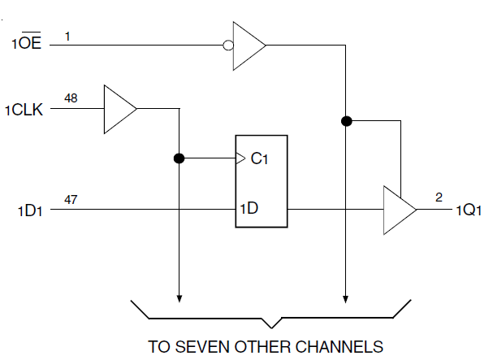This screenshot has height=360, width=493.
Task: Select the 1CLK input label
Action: [x=27, y=108]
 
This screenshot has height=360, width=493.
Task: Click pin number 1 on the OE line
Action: [x=67, y=35]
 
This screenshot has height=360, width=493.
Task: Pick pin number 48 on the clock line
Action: [x=71, y=98]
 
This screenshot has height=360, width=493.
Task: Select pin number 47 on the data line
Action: [x=71, y=199]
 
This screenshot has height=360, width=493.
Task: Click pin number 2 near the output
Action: [x=439, y=197]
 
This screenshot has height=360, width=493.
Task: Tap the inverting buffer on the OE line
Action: [x=249, y=46]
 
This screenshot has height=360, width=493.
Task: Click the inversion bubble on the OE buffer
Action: [x=229, y=46]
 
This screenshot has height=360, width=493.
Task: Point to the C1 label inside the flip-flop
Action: [x=259, y=158]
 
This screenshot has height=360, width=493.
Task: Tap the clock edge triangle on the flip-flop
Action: [x=240, y=158]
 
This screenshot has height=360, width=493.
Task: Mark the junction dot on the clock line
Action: [x=178, y=158]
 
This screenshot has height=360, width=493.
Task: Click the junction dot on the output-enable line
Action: [x=346, y=121]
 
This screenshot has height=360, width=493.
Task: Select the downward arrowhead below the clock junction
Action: [x=178, y=294]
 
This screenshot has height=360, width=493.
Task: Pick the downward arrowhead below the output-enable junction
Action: [x=346, y=294]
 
